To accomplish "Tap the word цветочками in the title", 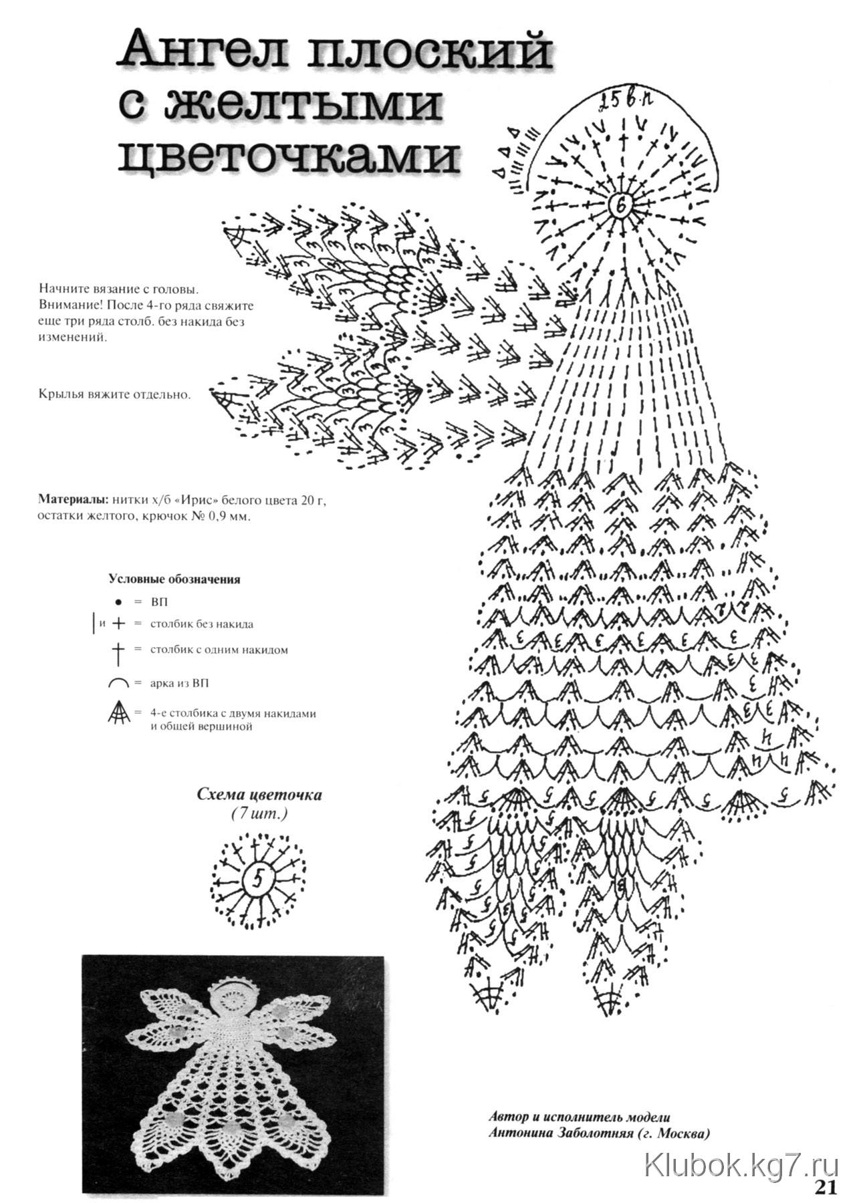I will point(289,158).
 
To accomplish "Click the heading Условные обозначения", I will point(174,579).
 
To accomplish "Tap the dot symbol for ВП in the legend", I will point(118,602).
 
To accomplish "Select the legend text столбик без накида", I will point(202,624).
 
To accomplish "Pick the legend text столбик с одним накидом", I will point(219,650).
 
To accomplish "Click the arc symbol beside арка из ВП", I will point(118,684).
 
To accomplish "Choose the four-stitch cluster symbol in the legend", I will point(118,714).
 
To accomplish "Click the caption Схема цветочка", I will point(259,795).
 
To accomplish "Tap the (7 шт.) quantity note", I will point(259,814).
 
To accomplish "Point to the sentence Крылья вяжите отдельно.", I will point(114,394).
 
